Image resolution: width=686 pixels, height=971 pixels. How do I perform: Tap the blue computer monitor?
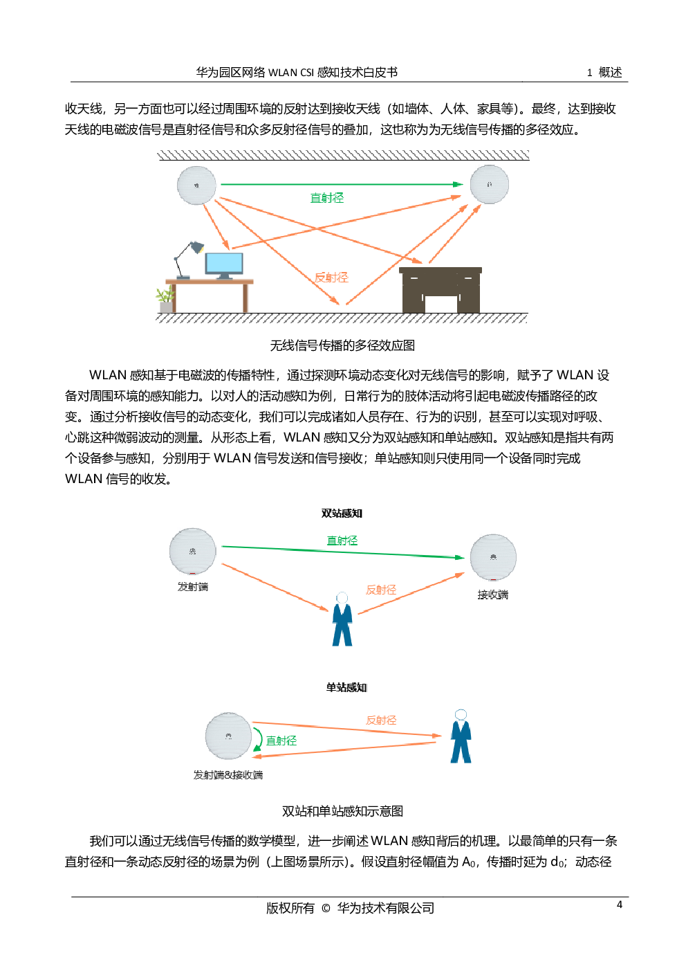[x=224, y=264]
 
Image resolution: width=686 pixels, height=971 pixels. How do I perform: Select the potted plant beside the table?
[x=165, y=300]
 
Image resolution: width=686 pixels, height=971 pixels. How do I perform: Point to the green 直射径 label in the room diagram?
[x=326, y=198]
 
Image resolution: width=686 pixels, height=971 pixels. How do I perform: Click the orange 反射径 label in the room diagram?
[x=331, y=278]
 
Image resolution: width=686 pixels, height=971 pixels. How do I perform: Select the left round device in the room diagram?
[x=196, y=185]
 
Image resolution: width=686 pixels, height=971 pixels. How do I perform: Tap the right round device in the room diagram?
[x=490, y=184]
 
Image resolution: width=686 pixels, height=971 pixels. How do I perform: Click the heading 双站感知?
[x=342, y=514]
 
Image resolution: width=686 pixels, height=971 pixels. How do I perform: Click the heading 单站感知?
[x=346, y=687]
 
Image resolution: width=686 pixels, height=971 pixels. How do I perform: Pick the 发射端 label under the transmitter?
[x=193, y=587]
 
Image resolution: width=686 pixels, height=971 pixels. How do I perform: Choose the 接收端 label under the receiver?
[x=493, y=595]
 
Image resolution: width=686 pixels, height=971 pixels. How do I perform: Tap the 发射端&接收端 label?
[x=228, y=775]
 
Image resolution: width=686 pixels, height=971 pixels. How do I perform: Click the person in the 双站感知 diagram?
[x=342, y=619]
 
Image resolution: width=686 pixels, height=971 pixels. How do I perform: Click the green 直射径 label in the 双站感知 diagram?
[x=342, y=541]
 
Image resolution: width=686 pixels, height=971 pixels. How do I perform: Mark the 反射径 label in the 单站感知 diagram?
[x=381, y=720]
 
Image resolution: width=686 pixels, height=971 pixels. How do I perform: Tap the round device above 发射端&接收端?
[x=228, y=736]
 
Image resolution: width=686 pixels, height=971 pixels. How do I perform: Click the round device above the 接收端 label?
[x=493, y=557]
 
